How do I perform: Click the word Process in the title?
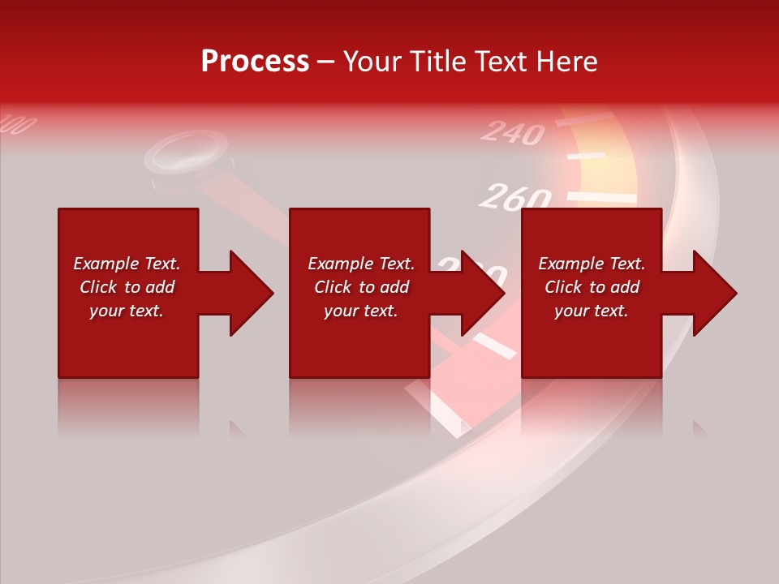point(255,62)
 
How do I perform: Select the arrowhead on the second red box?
point(481,293)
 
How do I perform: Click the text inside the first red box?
point(127,287)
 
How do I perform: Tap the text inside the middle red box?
point(361,287)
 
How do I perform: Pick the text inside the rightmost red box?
point(592,287)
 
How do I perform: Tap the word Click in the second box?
point(332,287)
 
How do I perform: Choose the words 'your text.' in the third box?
point(592,311)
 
